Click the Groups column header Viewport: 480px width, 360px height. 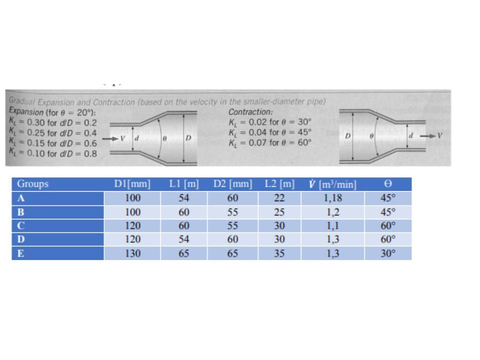coord(32,183)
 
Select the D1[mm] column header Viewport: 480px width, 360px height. coord(132,184)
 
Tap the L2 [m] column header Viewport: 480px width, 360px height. coord(279,184)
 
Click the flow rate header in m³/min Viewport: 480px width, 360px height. coord(333,184)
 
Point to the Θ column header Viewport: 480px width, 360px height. coord(388,183)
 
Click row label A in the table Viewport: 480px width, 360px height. coord(21,198)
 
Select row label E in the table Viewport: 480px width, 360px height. coord(20,253)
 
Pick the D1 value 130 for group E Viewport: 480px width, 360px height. coord(133,253)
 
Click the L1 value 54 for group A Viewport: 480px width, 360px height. coord(183,198)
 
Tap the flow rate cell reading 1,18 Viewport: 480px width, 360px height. coord(333,198)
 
